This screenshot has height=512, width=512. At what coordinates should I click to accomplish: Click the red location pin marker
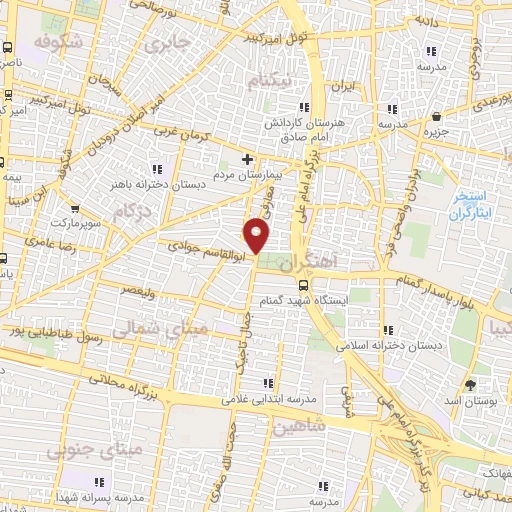[257, 236]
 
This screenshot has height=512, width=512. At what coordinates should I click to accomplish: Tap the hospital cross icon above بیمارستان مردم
[248, 159]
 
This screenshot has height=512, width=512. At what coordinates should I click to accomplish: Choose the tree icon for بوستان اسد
[469, 384]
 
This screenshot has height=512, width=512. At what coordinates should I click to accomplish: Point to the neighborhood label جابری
[167, 46]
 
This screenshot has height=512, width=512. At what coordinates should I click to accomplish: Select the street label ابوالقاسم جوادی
[205, 241]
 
